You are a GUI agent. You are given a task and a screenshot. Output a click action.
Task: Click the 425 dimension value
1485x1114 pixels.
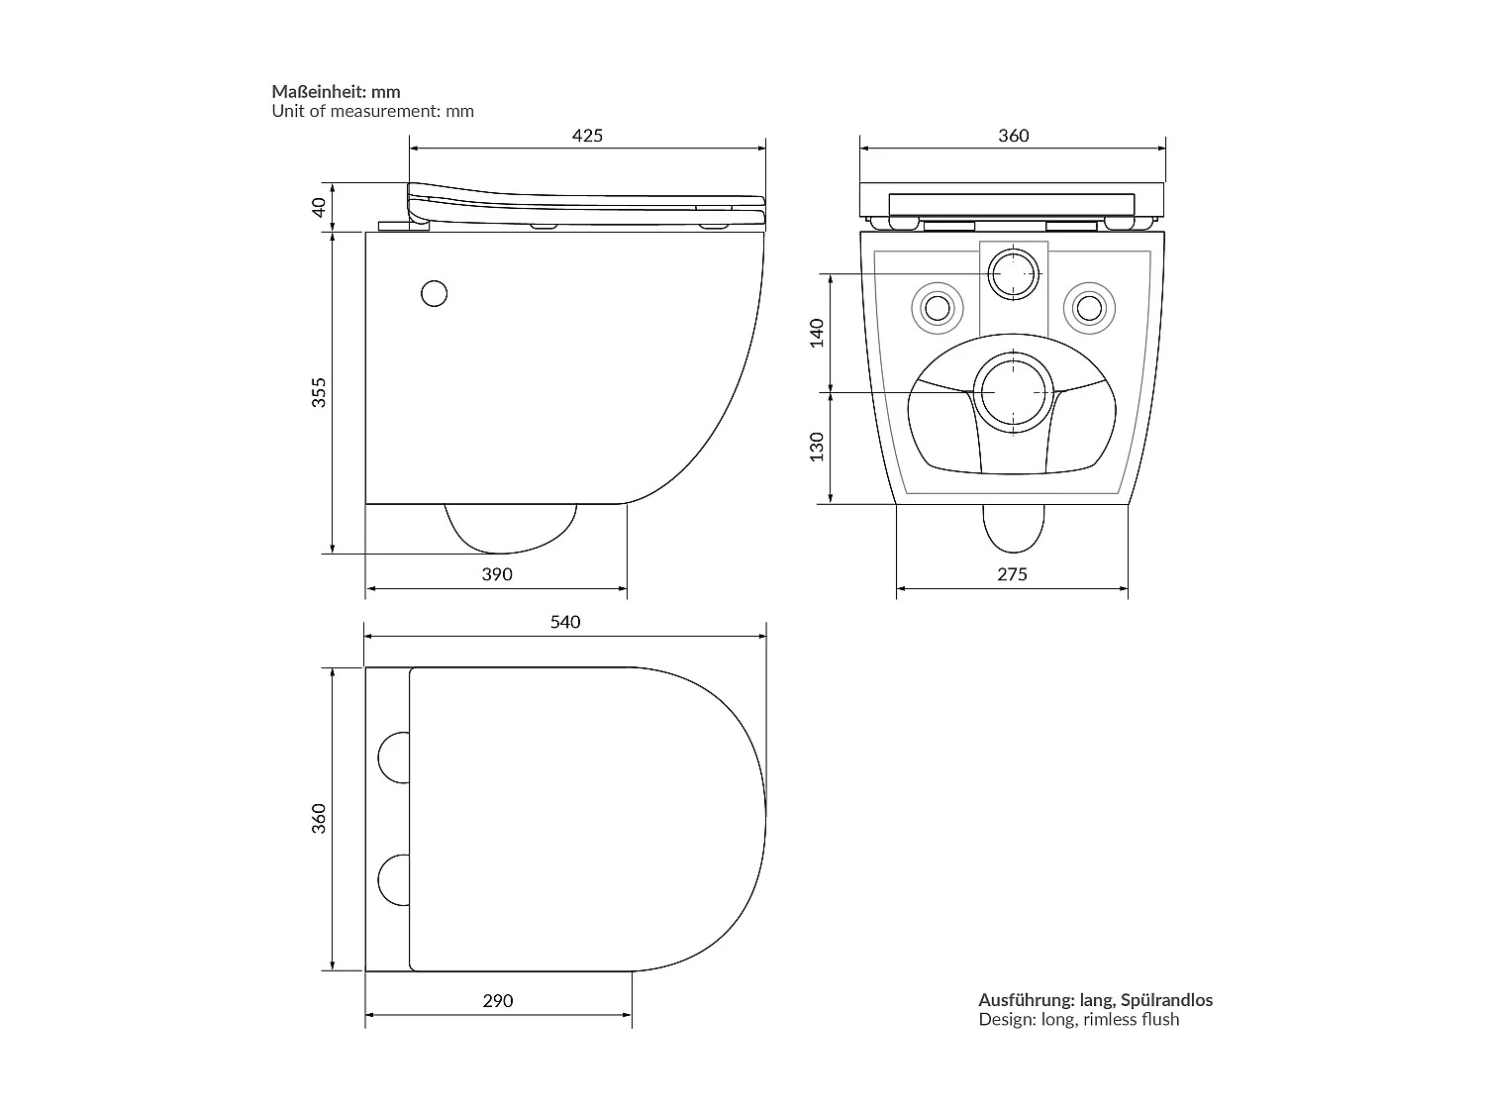coord(587,136)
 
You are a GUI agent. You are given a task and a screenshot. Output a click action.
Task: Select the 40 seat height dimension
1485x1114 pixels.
coord(319,207)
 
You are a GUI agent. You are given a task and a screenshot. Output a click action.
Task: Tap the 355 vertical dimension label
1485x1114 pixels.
coord(319,392)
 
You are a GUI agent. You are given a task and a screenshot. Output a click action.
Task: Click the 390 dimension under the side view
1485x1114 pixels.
coord(496,574)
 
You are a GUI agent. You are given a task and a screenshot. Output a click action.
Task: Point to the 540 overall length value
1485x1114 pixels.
coord(564,622)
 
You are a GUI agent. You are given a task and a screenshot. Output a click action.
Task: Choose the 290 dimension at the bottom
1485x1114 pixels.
coord(497,1001)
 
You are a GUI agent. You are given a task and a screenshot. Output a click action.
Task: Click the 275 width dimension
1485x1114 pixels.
coord(1012,574)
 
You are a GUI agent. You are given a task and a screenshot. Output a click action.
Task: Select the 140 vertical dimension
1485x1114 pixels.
coord(817,333)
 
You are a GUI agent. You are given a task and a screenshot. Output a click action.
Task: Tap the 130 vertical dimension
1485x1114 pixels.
coord(817,447)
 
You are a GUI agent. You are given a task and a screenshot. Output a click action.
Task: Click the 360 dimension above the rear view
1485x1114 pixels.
coord(1013,136)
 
